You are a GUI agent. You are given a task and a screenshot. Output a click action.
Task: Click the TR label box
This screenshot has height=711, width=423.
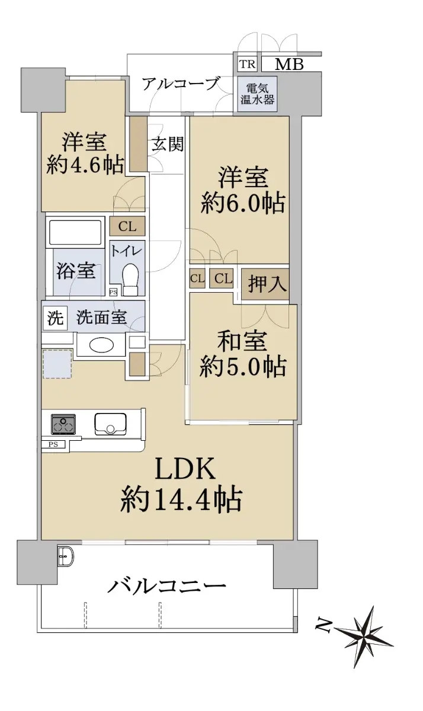click(x=247, y=64)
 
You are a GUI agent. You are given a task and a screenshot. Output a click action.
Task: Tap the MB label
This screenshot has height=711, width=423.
click(x=289, y=65)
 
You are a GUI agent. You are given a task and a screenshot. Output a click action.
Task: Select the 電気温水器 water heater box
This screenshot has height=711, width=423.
click(x=257, y=94)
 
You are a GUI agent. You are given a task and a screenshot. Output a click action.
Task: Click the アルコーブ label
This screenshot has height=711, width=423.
click(x=181, y=84)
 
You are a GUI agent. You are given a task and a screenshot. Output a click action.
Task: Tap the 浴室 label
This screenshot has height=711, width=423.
click(x=76, y=272)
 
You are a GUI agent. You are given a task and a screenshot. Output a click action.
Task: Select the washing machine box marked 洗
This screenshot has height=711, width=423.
click(x=56, y=318)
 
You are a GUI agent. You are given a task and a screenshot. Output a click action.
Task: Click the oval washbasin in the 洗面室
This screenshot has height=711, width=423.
click(x=101, y=345)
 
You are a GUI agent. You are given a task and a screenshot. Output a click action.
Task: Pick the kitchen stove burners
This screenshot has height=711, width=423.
click(x=63, y=424)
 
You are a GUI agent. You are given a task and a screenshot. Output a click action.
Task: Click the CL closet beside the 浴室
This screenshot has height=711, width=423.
click(x=127, y=226)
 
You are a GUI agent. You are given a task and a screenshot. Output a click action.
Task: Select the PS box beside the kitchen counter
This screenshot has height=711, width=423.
click(x=53, y=445)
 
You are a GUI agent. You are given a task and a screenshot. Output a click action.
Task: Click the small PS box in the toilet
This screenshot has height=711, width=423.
click(x=113, y=292)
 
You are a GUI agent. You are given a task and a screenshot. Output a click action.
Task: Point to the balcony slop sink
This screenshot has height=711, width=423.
click(x=66, y=557)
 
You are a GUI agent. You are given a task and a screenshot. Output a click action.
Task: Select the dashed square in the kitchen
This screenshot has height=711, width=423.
click(x=57, y=363)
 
